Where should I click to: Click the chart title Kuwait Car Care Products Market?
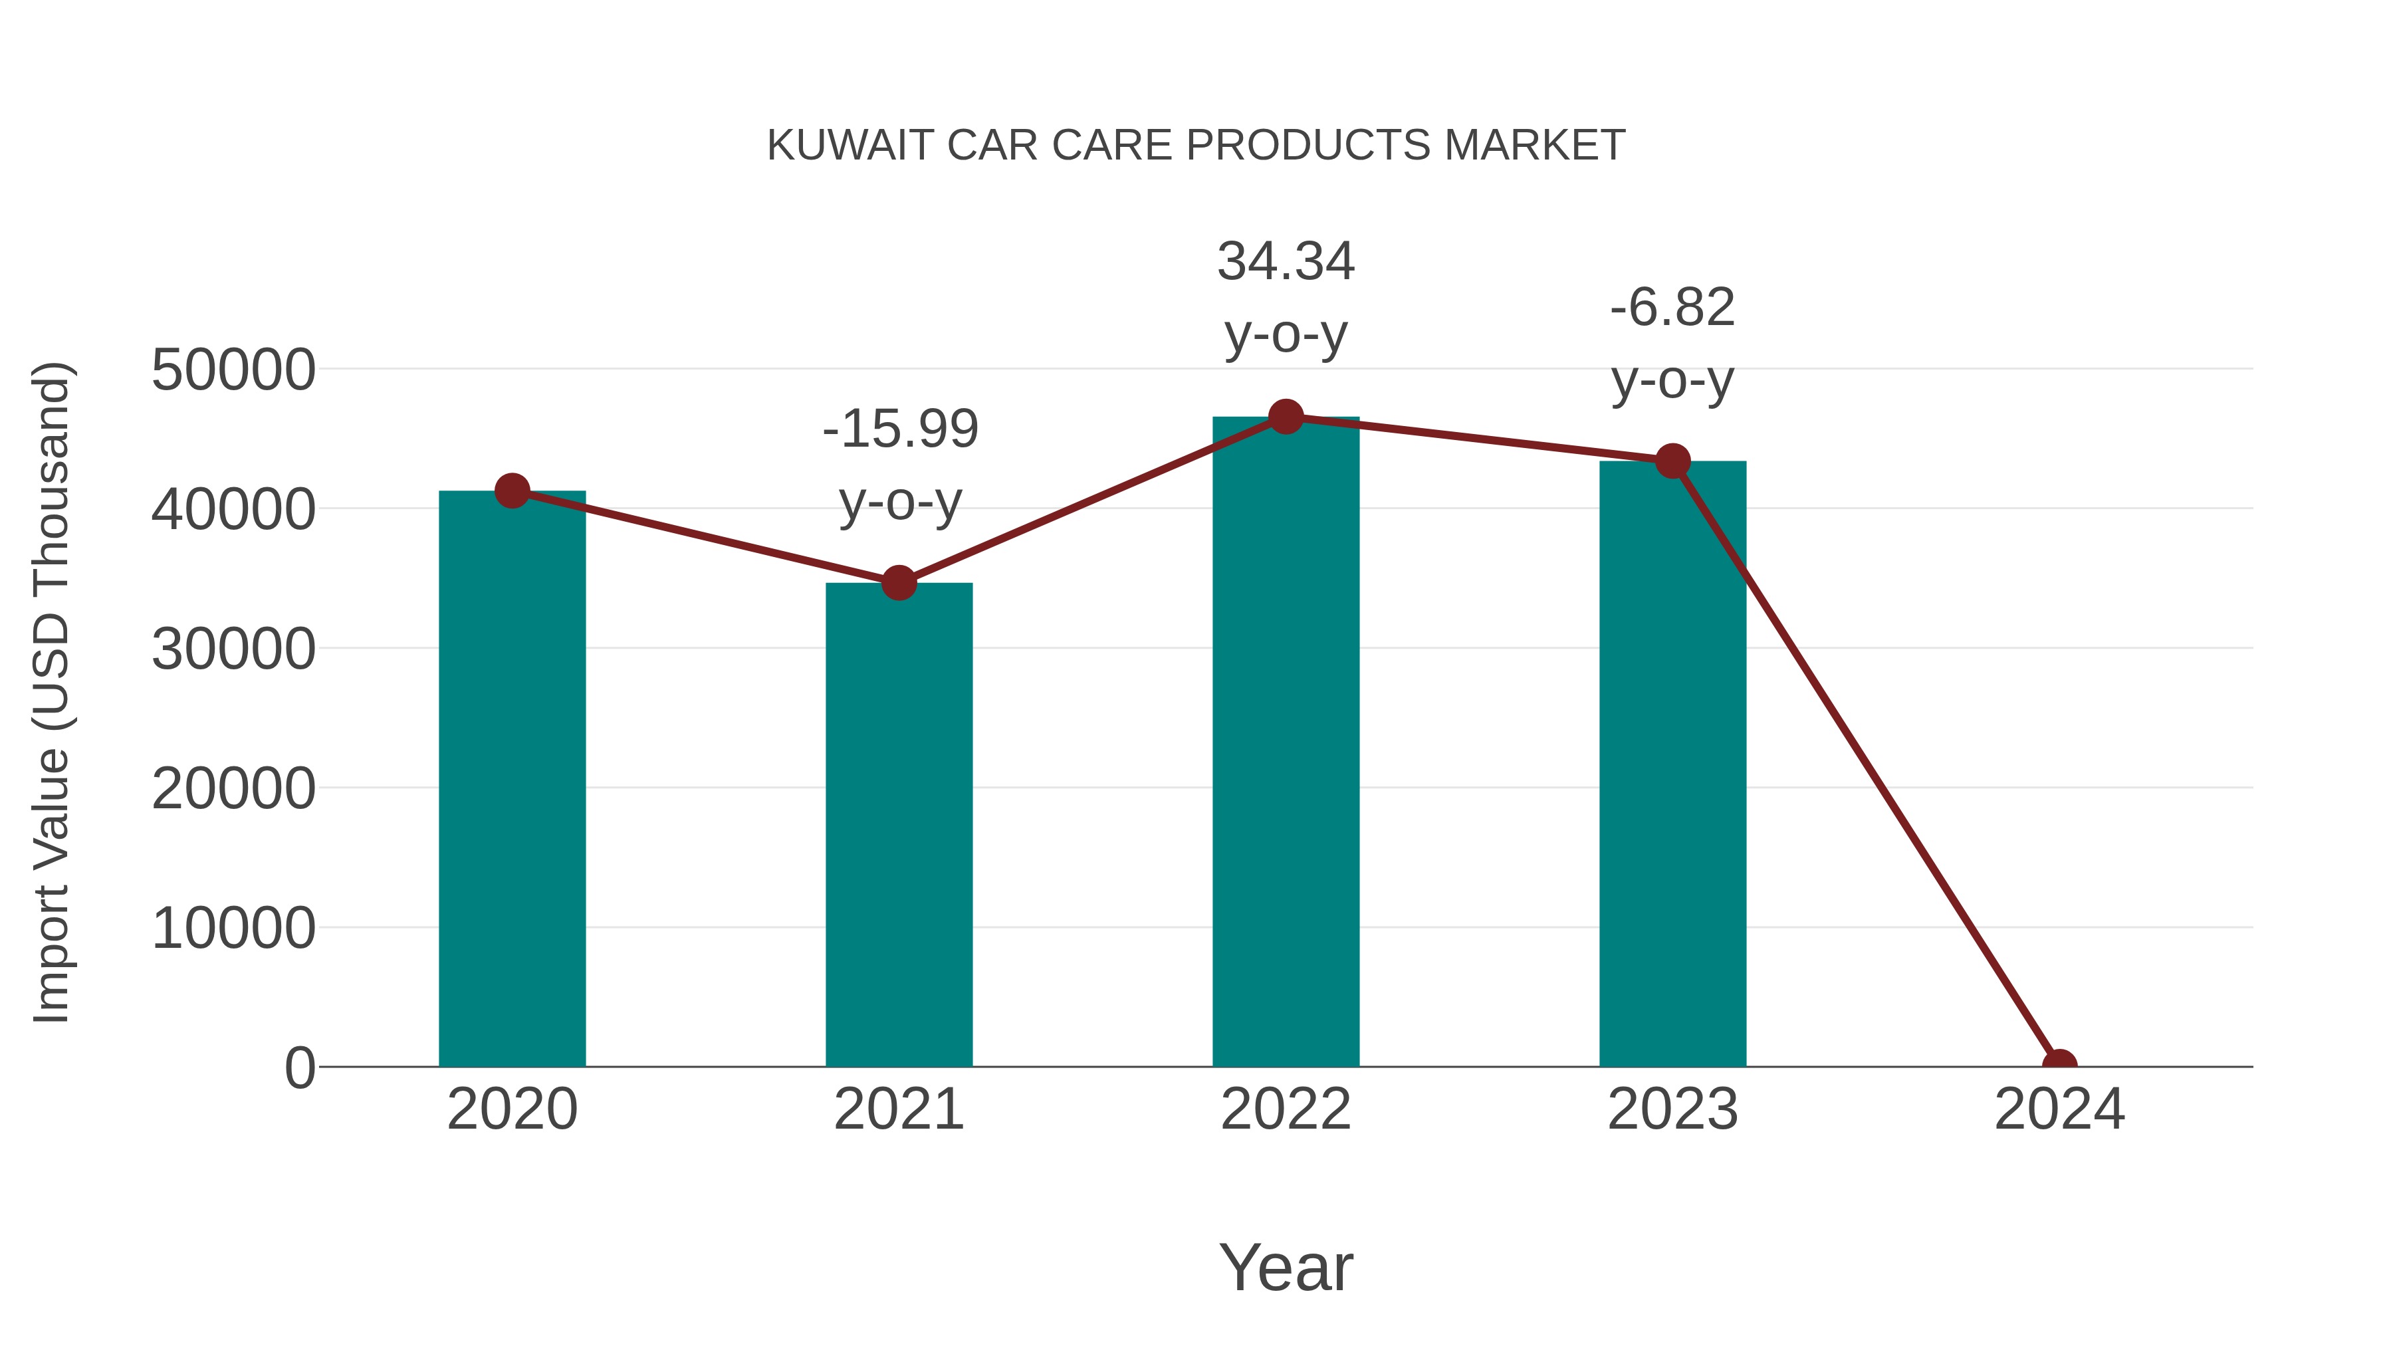click(x=1196, y=145)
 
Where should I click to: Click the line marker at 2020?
click(x=512, y=491)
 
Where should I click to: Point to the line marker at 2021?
click(x=898, y=584)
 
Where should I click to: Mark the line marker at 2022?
click(x=1286, y=417)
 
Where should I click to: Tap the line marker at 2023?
click(x=1672, y=461)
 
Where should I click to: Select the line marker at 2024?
click(x=2059, y=1065)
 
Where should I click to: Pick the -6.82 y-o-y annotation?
click(x=1672, y=344)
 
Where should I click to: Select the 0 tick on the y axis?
click(x=300, y=1068)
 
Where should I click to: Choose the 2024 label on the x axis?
click(x=2059, y=1109)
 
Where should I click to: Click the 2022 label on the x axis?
click(x=1286, y=1109)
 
